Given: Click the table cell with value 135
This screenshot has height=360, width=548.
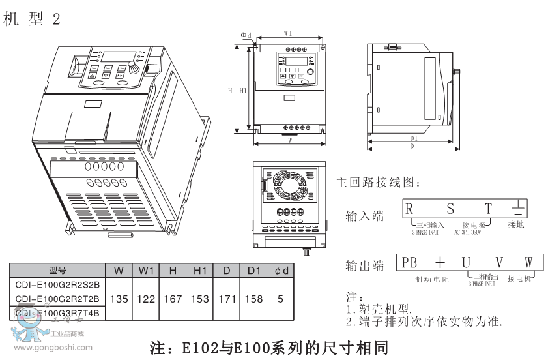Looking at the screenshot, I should pyautogui.click(x=119, y=299).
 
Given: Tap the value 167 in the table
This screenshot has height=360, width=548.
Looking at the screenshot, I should pyautogui.click(x=173, y=299).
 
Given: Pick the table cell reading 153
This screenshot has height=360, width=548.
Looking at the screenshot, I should pyautogui.click(x=199, y=299).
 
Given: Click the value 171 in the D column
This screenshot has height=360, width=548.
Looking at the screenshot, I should pyautogui.click(x=227, y=299).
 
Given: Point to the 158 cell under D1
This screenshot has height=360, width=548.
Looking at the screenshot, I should pyautogui.click(x=253, y=299).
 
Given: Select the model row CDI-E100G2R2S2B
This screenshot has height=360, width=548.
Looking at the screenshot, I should pyautogui.click(x=57, y=284).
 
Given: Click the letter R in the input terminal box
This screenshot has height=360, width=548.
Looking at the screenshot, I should pyautogui.click(x=409, y=209).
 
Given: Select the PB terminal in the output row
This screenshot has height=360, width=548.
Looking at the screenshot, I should pyautogui.click(x=409, y=263).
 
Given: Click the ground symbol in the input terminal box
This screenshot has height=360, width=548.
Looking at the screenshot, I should pyautogui.click(x=516, y=210).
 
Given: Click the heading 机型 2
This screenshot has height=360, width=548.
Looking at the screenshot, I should pyautogui.click(x=31, y=20).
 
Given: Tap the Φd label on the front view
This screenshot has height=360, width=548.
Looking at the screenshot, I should pyautogui.click(x=246, y=35).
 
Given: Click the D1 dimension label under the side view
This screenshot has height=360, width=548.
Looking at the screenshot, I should pyautogui.click(x=414, y=138).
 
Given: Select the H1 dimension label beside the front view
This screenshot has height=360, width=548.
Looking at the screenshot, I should pyautogui.click(x=242, y=91).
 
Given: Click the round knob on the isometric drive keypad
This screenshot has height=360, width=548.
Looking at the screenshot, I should pyautogui.click(x=133, y=67).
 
